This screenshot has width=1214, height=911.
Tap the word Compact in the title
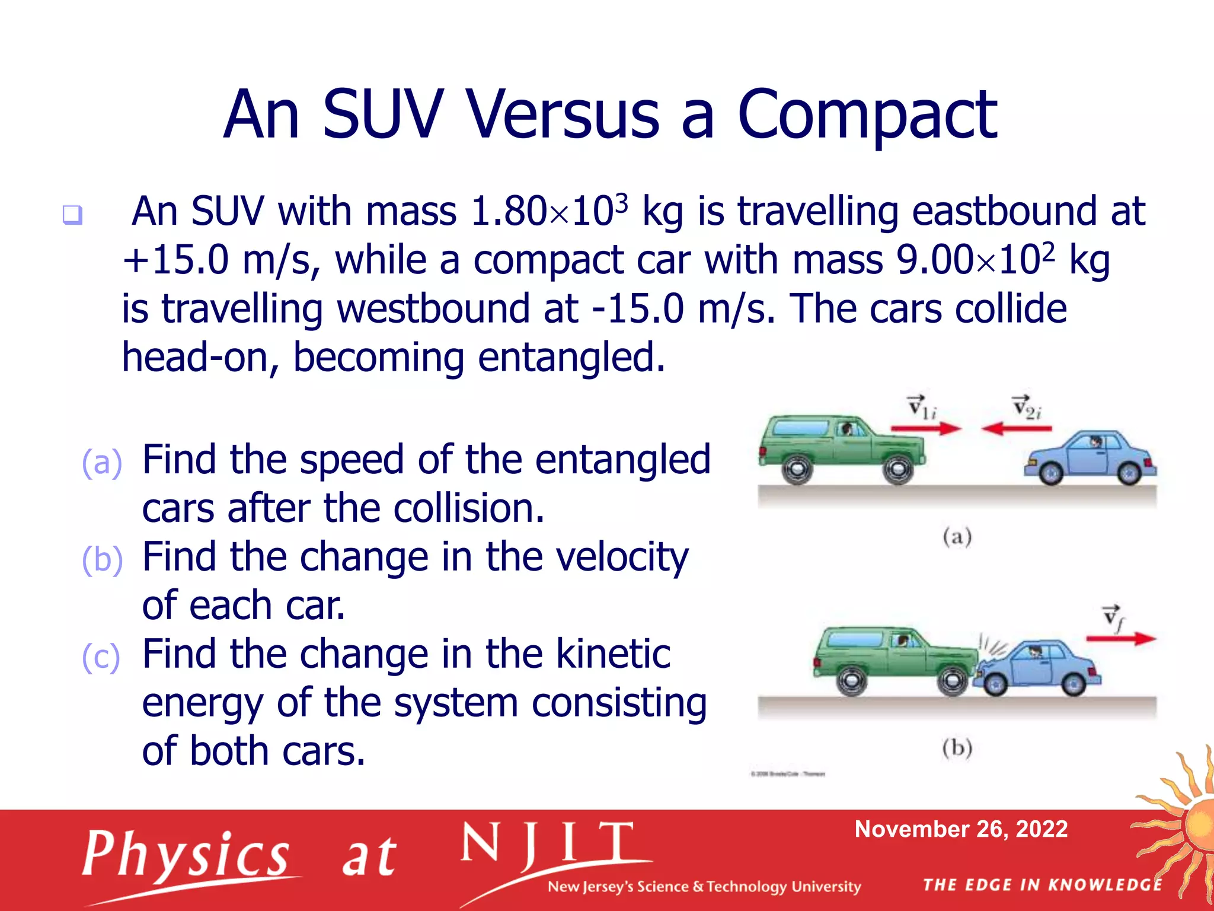click(x=867, y=116)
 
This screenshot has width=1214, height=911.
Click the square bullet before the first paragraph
click(x=72, y=214)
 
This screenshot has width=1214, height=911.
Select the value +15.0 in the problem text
click(x=176, y=260)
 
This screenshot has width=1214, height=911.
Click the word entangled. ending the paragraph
click(x=571, y=358)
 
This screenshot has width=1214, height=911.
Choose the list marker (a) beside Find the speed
click(x=102, y=462)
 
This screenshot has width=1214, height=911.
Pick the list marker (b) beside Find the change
click(x=102, y=559)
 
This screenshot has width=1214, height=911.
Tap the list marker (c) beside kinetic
click(x=101, y=657)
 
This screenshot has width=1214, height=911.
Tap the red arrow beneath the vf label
click(x=1120, y=639)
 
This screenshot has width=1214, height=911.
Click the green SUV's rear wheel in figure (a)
click(x=797, y=470)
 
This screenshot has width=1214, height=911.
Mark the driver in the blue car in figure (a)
click(x=1095, y=442)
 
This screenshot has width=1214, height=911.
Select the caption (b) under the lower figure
click(x=957, y=748)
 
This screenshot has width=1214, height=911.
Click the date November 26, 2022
click(x=961, y=829)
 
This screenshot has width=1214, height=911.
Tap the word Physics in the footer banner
click(x=186, y=855)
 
